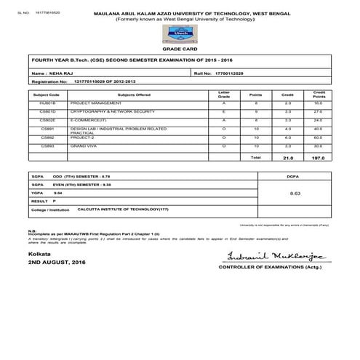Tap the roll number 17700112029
click(231, 74)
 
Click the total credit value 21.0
click(287, 157)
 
